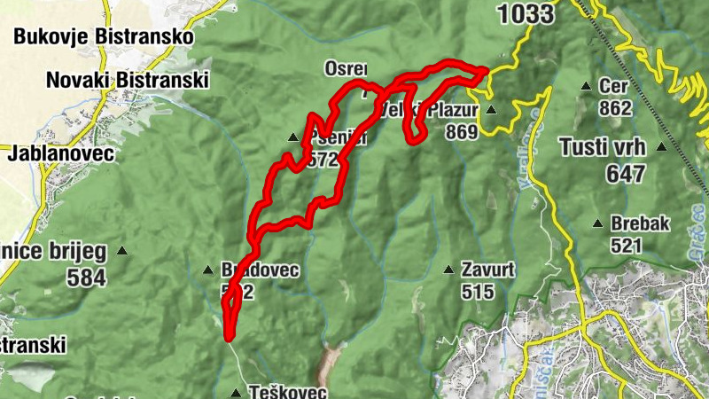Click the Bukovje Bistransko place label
tap(104, 37)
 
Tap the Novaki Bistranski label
tap(127, 80)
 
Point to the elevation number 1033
tap(526, 13)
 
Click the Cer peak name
tap(613, 86)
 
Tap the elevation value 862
tap(614, 108)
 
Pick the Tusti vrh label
tap(603, 147)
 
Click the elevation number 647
tap(626, 174)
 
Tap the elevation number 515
tap(477, 290)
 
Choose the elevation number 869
tap(462, 132)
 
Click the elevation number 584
tap(86, 278)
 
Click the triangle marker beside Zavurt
tap(448, 268)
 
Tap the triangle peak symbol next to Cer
tap(586, 86)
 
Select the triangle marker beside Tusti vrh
tap(660, 148)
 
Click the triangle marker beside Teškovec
tap(236, 392)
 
